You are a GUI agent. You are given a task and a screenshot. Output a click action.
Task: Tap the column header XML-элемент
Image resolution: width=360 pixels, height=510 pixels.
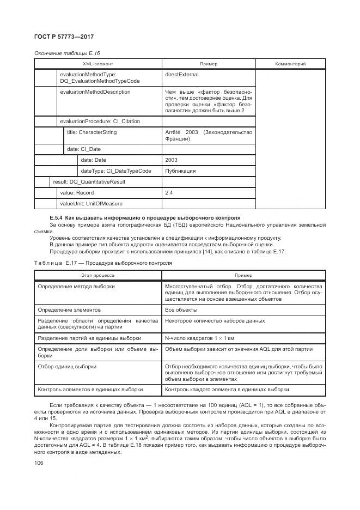[x=98, y=64]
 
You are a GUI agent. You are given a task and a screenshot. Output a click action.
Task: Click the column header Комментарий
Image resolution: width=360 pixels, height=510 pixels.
[x=290, y=64]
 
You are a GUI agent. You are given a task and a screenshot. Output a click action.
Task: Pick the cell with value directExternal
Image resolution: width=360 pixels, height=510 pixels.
[x=181, y=74]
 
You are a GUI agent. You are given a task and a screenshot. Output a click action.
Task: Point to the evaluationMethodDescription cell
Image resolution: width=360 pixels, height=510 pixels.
[x=95, y=92]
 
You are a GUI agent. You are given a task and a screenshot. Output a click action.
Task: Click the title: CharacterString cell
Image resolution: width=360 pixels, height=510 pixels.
[x=91, y=132]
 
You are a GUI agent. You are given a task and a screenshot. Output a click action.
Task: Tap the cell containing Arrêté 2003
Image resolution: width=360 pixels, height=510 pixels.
[x=208, y=135]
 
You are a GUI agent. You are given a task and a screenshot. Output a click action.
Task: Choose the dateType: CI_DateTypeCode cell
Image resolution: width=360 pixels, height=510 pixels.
[x=116, y=171]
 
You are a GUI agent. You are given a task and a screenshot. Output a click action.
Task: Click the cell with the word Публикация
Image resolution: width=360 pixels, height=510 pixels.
[x=180, y=171]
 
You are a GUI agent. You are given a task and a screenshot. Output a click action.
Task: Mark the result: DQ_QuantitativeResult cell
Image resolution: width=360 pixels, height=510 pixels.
[x=89, y=182]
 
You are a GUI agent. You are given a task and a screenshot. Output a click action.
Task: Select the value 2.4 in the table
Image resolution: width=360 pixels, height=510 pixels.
[x=169, y=193]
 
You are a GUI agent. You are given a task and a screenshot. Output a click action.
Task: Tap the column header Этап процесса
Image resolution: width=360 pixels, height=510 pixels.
[x=97, y=275]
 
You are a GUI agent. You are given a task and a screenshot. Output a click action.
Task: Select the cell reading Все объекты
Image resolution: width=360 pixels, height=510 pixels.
[x=181, y=309]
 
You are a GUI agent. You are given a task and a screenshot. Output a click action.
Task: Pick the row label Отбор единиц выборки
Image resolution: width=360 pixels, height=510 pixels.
[x=67, y=367]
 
